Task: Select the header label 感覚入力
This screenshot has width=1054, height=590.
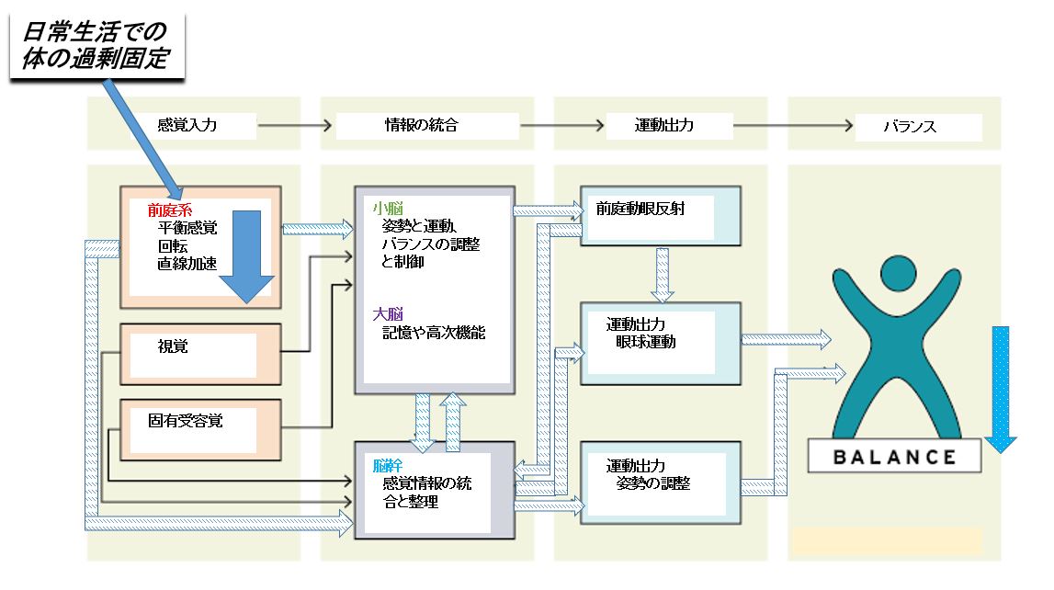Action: (x=187, y=125)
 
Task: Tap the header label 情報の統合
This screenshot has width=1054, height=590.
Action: (x=421, y=125)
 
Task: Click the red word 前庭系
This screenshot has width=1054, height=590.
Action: (x=170, y=210)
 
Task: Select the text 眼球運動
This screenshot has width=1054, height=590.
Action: (x=646, y=342)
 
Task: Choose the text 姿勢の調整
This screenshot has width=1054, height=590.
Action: (x=653, y=483)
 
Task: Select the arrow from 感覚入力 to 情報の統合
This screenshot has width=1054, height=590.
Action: (x=290, y=124)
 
